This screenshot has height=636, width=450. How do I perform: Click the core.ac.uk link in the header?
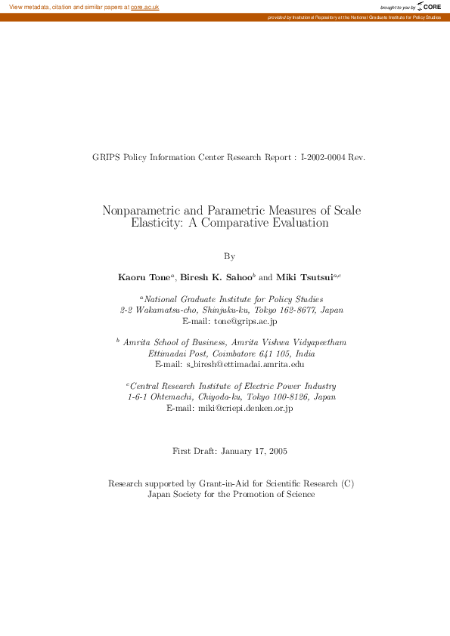coord(144,7)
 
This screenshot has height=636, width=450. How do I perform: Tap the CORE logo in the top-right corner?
coord(430,7)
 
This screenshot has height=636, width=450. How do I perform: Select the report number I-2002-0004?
coord(323,158)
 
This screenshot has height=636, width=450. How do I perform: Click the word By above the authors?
coord(231,257)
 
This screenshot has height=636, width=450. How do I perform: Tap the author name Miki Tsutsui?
coord(305,277)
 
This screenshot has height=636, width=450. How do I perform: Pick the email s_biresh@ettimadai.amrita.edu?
coord(245,364)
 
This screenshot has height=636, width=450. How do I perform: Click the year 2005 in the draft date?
coord(275,452)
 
